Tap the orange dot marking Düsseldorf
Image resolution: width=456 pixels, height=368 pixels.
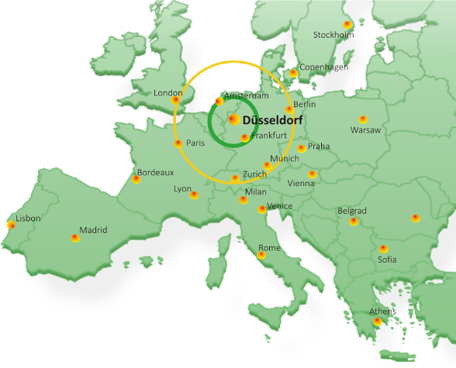click(x=233, y=119)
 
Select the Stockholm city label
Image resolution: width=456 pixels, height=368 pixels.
click(x=333, y=35)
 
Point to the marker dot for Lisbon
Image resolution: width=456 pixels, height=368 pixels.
click(x=10, y=225)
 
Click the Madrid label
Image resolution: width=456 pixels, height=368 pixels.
click(x=93, y=230)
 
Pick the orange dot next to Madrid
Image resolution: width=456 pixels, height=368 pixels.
click(x=74, y=237)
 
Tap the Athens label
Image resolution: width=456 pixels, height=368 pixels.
click(x=382, y=311)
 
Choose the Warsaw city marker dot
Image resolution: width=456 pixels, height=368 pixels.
click(x=362, y=119)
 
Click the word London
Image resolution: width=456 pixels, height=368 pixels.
click(x=168, y=93)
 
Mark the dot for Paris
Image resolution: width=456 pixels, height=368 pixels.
click(x=178, y=143)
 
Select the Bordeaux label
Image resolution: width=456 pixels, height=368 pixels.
click(x=155, y=173)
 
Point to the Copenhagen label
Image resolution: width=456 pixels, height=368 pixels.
click(x=323, y=67)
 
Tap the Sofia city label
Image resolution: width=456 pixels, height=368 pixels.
click(x=387, y=260)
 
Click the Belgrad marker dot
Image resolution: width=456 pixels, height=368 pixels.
click(x=354, y=221)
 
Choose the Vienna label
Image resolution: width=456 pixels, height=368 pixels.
click(x=301, y=184)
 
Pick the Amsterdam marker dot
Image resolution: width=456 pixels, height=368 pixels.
click(x=219, y=101)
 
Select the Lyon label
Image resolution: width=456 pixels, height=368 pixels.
click(x=182, y=188)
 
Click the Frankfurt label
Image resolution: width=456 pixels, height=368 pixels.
click(x=269, y=136)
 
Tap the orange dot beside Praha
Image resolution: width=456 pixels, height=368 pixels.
click(x=301, y=148)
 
